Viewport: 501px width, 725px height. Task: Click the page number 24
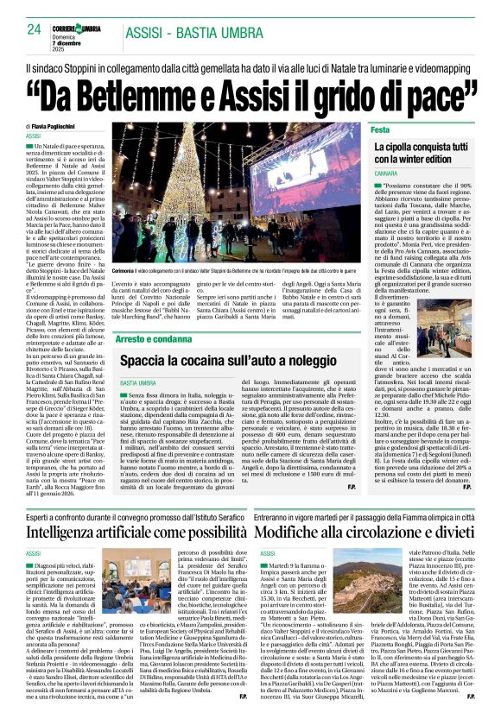coord(34,28)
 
